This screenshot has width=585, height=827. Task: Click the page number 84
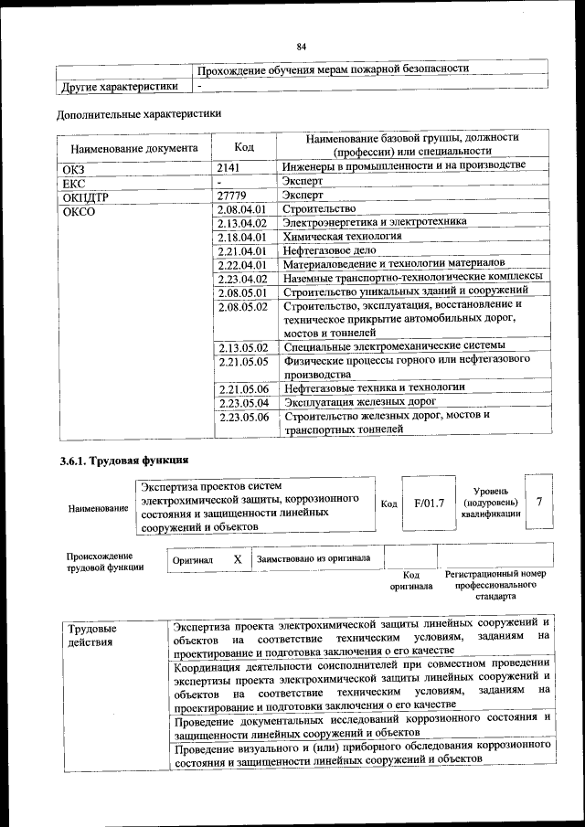point(301,47)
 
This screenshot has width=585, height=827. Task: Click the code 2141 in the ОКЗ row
point(231,167)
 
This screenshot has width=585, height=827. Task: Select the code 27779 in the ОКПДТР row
point(234,196)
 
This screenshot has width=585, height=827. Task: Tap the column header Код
point(244,146)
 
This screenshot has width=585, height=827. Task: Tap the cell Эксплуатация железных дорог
point(359,401)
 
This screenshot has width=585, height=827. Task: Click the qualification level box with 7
point(539,503)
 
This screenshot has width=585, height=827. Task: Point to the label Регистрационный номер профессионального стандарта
point(495,584)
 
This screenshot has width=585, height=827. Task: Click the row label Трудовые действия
point(90,636)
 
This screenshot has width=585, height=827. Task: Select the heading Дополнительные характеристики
point(139,115)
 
